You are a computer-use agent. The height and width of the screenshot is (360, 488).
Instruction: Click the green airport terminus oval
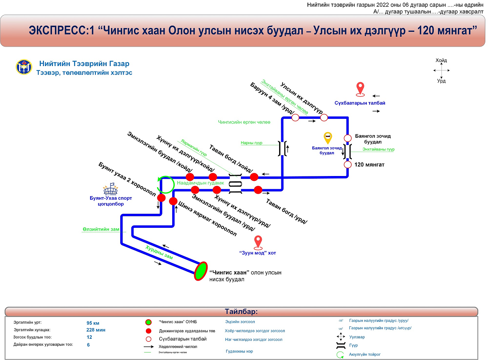pos(201,271)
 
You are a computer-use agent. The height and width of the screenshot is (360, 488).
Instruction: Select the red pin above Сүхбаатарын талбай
pos(361,89)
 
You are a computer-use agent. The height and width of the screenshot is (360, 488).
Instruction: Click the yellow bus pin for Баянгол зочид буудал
pos(327,138)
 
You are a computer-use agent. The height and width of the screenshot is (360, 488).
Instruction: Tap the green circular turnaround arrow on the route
pos(165,184)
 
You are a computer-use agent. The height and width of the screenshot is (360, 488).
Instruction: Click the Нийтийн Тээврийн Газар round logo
pos(24,67)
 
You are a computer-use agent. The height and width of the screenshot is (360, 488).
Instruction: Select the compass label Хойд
pos(441,60)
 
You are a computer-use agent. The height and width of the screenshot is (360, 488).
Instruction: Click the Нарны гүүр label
pos(252,143)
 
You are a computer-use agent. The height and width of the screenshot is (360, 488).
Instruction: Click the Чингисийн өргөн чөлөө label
pos(238,122)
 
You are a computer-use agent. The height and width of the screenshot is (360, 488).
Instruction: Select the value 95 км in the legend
pos(93,323)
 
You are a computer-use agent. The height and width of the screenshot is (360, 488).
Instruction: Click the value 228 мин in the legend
pos(95,330)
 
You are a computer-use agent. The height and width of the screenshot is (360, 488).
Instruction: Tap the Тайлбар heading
pos(241,312)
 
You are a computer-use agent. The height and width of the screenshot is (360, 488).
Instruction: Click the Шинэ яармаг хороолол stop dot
pos(173,201)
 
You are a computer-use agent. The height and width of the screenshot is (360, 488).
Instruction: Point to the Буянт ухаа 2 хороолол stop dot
pos(161,198)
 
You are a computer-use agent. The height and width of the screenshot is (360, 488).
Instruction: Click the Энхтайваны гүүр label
pos(378,149)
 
